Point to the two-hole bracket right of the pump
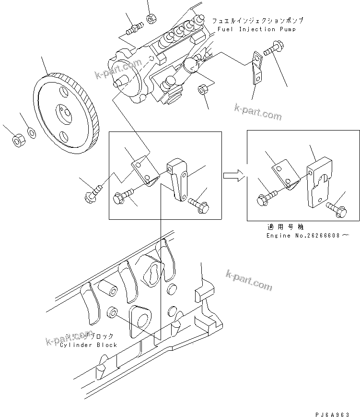256,68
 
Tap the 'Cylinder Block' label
89,345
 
